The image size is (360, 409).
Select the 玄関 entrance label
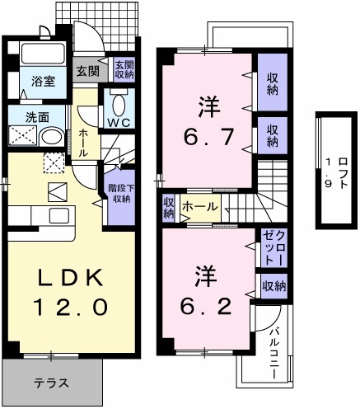87,71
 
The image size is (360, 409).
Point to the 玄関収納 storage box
124,70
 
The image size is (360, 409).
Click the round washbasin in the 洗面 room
51,136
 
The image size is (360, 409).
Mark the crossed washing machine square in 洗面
21,136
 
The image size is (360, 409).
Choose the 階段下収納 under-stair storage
119,195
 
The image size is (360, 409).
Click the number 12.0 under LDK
70,307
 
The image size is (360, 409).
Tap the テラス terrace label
51,383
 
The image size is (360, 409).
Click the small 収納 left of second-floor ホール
169,208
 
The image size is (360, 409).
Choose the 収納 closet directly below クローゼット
274,286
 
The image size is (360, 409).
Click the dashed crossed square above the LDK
54,163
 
